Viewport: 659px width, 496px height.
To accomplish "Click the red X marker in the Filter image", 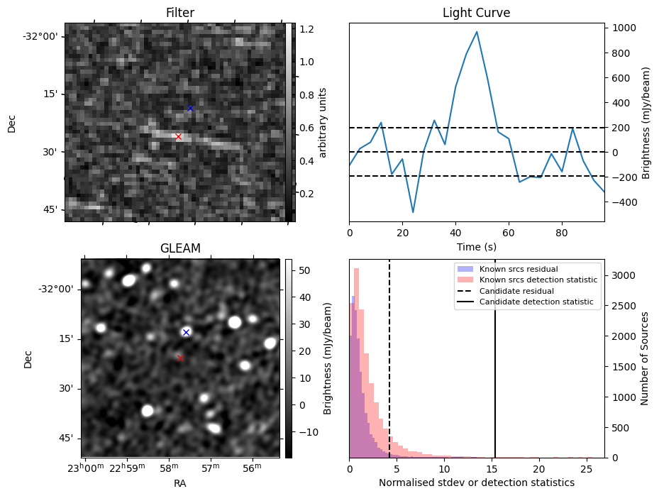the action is coord(178,137).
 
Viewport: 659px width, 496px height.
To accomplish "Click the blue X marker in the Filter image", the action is coord(190,108).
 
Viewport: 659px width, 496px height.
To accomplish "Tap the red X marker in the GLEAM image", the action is coord(181,358).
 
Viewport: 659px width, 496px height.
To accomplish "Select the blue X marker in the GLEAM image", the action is coord(186,332).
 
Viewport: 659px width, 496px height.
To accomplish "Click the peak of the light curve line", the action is coord(477,31).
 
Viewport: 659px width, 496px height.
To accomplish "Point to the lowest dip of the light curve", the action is coord(413,212).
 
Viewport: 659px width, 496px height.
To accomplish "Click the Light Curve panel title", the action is coord(477,13).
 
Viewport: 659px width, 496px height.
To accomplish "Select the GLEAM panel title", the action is coord(180,248).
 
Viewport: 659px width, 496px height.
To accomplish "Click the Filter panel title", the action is coord(180,13).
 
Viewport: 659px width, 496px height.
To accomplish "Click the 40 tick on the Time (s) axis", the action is coord(455,233).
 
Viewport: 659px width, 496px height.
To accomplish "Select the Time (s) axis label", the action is coord(477,247).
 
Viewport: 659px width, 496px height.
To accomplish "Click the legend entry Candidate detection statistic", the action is coord(536,302).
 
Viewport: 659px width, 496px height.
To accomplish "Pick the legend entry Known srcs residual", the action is coord(519,269).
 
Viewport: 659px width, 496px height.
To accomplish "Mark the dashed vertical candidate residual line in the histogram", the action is coord(389,358).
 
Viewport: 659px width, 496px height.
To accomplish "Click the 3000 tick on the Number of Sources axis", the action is coord(624,276).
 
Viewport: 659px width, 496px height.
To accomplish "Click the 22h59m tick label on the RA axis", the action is coord(128,468).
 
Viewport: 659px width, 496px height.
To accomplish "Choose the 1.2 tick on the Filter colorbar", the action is coord(307,29).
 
